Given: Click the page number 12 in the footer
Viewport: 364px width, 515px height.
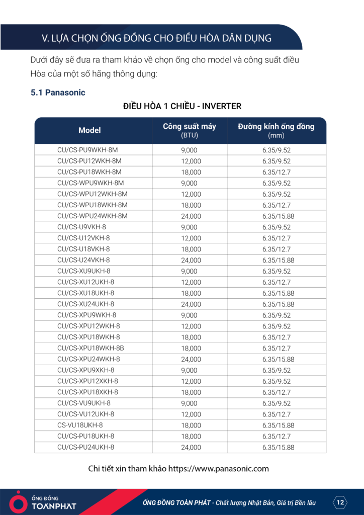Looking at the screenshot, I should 340,502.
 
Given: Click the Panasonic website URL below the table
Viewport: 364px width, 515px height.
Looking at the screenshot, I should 218,469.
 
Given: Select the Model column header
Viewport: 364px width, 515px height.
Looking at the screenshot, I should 89,130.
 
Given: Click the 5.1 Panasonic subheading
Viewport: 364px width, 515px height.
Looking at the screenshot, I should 58,93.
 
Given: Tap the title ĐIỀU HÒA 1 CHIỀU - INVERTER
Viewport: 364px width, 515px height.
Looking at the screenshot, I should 182,106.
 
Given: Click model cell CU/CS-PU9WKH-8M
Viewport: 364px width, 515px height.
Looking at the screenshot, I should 87,150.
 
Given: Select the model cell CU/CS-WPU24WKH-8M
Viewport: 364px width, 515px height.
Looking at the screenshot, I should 92,216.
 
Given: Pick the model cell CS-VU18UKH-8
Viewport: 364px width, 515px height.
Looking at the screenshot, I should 80,425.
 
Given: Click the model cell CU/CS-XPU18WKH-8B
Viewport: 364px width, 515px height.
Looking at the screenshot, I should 90,348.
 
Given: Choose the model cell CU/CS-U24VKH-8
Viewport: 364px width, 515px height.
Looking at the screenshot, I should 83,260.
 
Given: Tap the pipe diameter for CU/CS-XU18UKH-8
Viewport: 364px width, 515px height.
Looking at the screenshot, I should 278,293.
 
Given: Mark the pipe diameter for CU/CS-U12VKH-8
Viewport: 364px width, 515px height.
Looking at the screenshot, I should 276,238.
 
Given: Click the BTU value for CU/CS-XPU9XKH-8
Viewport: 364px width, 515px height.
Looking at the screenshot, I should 189,370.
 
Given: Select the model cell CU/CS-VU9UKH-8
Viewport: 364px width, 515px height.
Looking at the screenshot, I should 84,403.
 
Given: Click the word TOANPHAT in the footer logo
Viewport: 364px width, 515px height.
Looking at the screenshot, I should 53,506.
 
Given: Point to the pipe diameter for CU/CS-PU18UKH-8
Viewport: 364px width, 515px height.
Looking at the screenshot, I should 276,436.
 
